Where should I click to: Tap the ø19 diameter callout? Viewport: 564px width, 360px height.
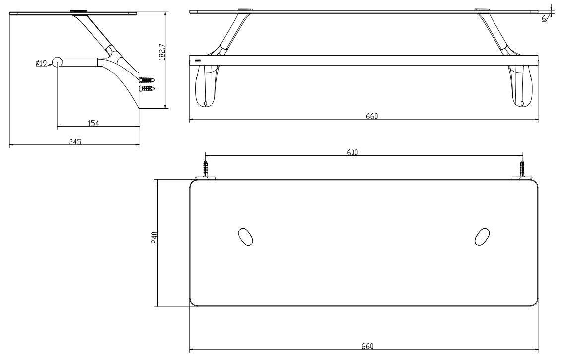coord(41,63)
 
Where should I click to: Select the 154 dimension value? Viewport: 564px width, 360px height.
coord(93,123)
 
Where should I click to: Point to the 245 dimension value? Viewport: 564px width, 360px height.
coord(74,142)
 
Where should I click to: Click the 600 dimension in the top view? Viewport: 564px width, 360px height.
coord(353,152)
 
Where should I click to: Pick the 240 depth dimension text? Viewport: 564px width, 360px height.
coord(154,237)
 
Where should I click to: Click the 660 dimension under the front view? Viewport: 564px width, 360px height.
coord(372,117)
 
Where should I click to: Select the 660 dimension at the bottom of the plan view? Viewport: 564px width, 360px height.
coord(367,346)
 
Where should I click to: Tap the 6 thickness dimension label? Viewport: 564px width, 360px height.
coord(544,18)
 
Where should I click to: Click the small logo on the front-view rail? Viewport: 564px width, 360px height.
coord(198,61)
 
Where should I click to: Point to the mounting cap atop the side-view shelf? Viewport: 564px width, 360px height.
coord(78,11)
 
